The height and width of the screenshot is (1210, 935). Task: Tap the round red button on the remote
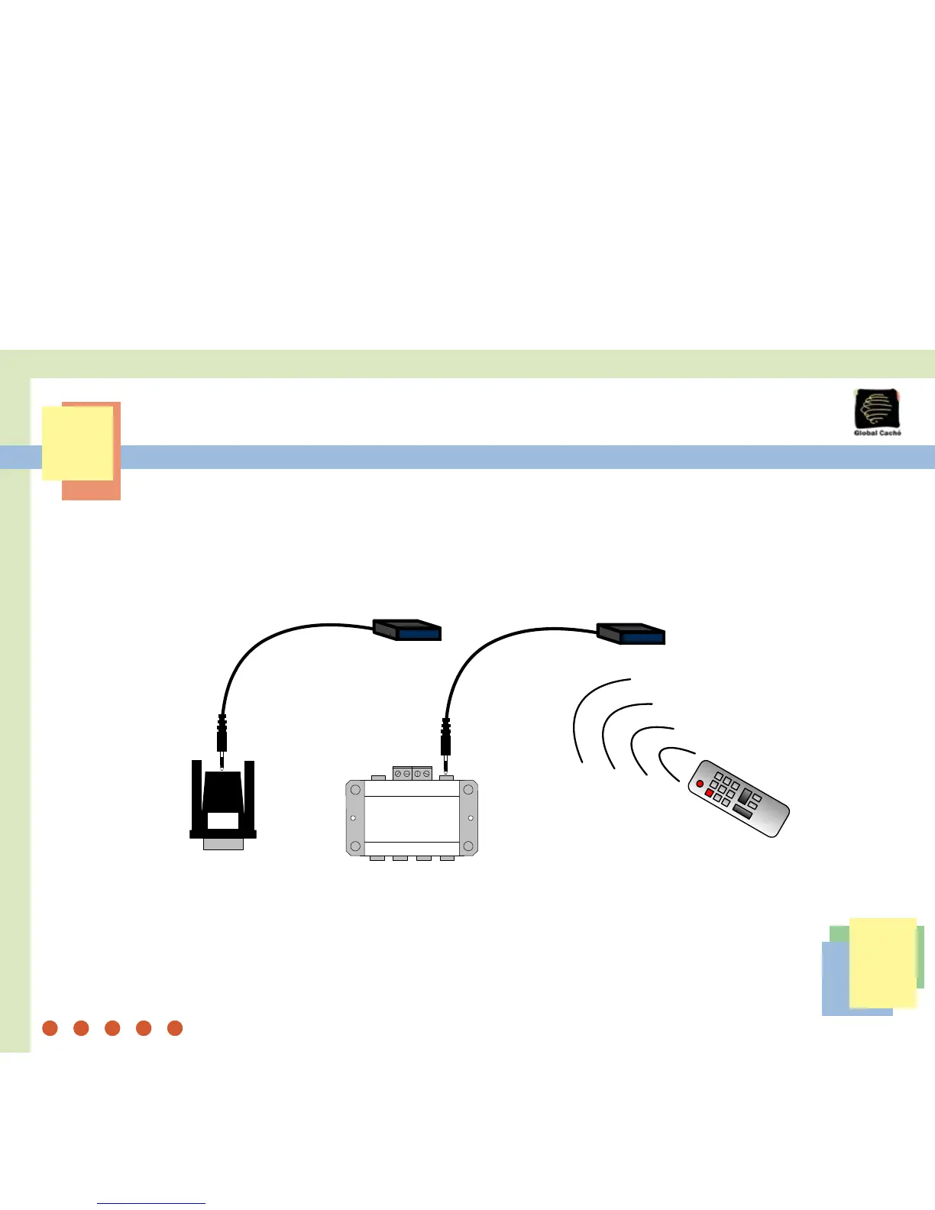tap(699, 785)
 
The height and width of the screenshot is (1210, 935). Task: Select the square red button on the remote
tap(709, 794)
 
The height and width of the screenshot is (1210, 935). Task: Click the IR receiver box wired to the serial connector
tap(408, 629)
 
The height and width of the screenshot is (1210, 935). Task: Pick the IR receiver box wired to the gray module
tap(631, 633)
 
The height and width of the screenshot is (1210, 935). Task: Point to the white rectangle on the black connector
tap(222, 821)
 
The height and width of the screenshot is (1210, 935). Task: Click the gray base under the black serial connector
tap(223, 844)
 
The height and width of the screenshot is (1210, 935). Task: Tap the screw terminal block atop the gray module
tap(412, 773)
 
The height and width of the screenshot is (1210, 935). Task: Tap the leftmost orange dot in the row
tap(50, 1028)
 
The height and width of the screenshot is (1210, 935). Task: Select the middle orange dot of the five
tap(112, 1028)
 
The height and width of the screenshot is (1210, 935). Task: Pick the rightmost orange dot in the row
tap(175, 1028)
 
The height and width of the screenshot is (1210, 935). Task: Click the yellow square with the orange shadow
tap(77, 443)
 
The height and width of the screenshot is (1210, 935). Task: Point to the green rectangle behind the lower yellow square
tap(920, 955)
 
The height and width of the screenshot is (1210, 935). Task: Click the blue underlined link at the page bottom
tap(151, 1203)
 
